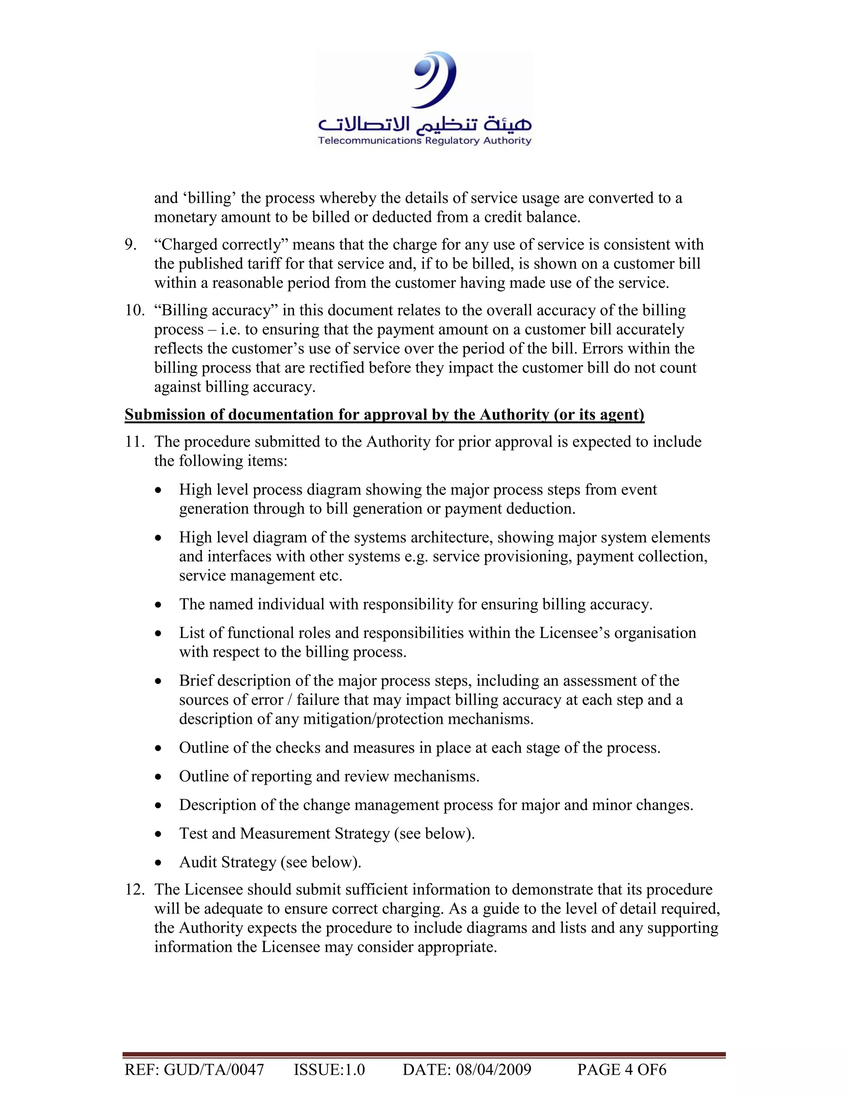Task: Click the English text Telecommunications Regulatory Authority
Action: tap(424, 141)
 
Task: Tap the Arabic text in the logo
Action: tap(424, 123)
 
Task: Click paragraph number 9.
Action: tap(130, 245)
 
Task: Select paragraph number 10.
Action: tap(134, 311)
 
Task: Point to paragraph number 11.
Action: tap(134, 442)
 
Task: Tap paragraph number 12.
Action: tap(134, 889)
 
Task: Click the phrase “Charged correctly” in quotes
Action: tap(221, 245)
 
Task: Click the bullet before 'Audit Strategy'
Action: tap(159, 863)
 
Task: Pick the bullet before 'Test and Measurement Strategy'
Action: tap(159, 834)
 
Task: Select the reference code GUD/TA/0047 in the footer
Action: tap(214, 1069)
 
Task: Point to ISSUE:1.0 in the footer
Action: tap(329, 1069)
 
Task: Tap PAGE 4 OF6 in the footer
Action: tap(622, 1069)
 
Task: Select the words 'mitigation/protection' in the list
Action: tap(373, 719)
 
